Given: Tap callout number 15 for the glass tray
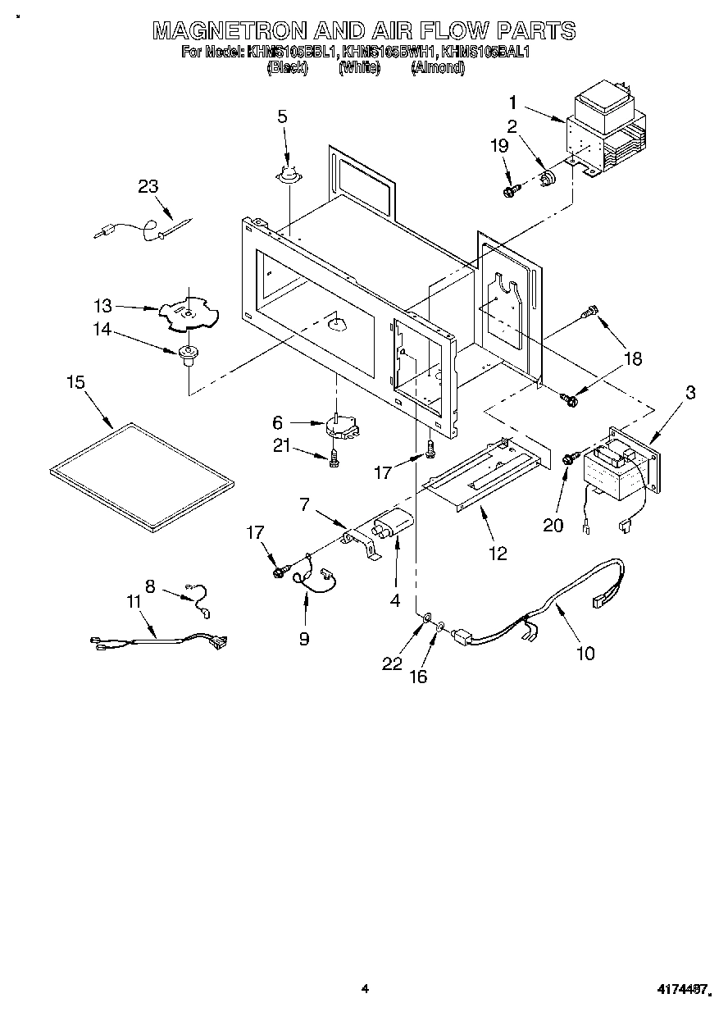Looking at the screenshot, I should [76, 383].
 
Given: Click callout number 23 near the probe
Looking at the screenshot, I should [148, 186].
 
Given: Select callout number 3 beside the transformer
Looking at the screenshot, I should [689, 392].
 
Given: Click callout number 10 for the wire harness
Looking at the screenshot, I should [585, 653].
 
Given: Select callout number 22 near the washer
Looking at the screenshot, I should [393, 663].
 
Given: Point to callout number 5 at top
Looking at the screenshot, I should [282, 117].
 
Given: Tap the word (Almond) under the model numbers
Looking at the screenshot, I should [437, 69].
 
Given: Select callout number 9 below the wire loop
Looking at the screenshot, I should [304, 638].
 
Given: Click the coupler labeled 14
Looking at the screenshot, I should [187, 354].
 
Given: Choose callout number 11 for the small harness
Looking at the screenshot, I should [134, 602].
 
